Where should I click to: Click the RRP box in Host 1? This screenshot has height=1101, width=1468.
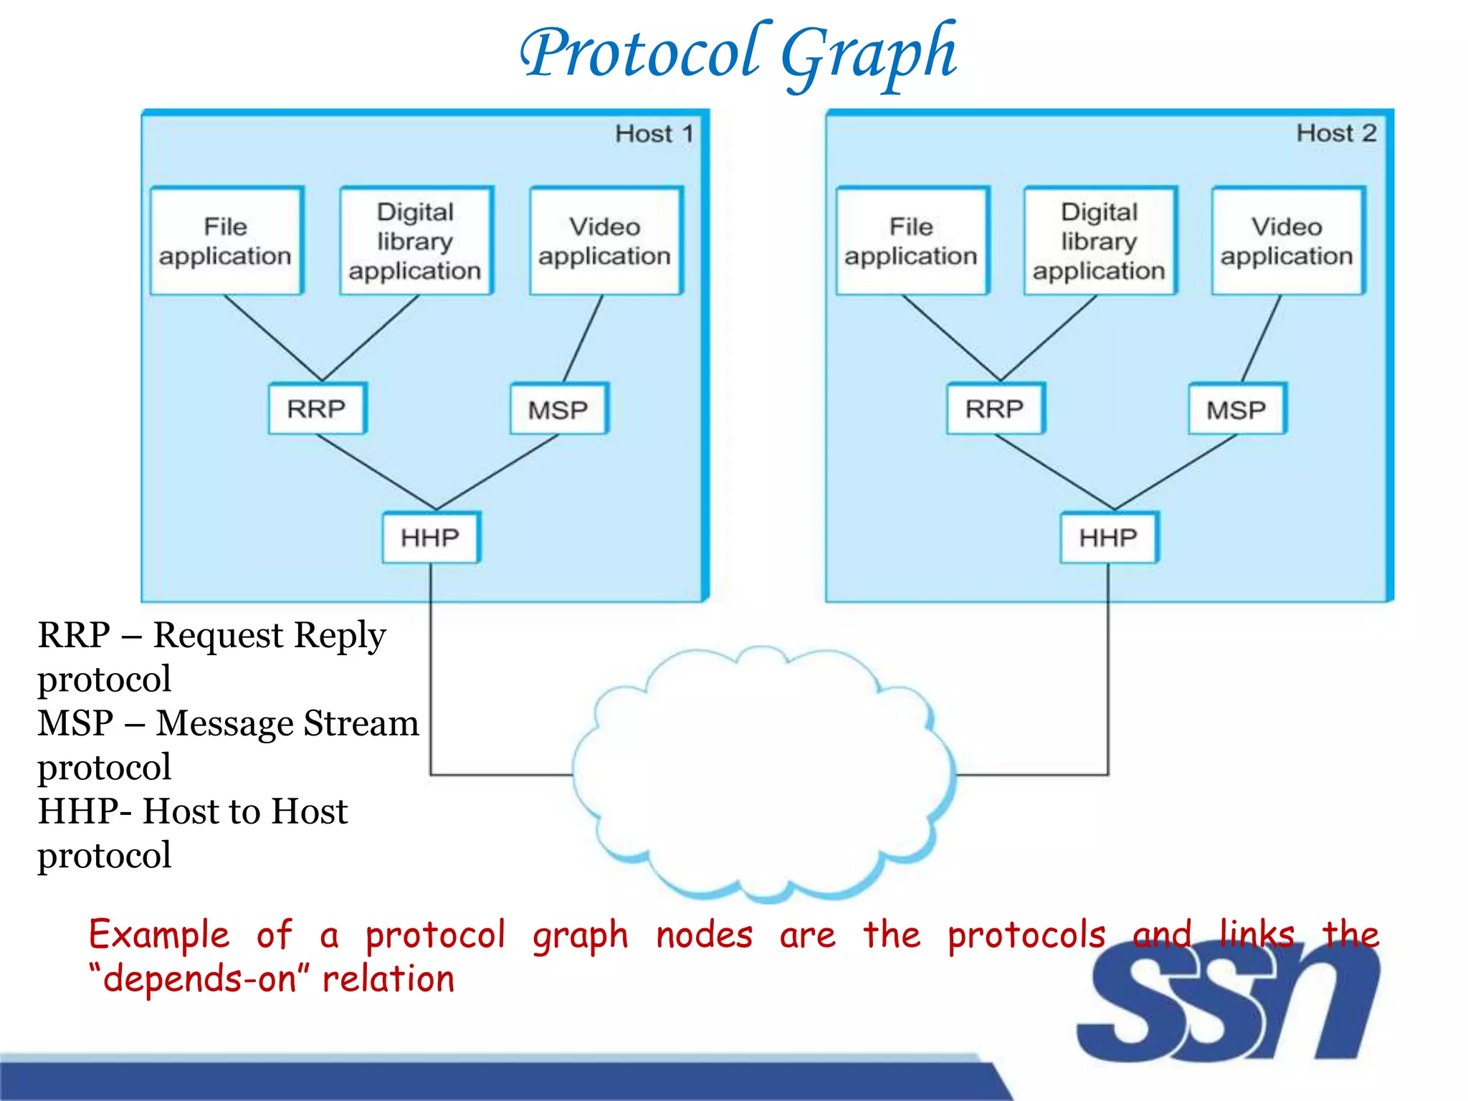[x=317, y=409]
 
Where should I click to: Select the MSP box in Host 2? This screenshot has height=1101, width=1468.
[x=1237, y=409]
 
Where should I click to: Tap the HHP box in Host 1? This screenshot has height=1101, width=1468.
[x=430, y=538]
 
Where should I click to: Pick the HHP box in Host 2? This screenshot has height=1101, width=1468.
[x=1108, y=538]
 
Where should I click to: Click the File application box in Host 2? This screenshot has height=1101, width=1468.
[x=911, y=242]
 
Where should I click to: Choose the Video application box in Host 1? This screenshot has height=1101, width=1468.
[x=605, y=242]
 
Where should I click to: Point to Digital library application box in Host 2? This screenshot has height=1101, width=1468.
[x=1100, y=242]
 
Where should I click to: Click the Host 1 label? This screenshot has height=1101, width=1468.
[x=654, y=134]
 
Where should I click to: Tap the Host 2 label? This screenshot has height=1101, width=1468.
[x=1336, y=133]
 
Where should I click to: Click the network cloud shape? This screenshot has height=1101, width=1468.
[x=764, y=774]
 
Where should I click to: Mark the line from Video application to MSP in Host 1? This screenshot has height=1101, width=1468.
[x=583, y=338]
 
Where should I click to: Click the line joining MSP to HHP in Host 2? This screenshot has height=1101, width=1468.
[x=1176, y=472]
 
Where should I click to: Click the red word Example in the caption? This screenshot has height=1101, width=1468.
[x=159, y=935]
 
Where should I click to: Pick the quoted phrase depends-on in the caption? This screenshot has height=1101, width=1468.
[x=199, y=979]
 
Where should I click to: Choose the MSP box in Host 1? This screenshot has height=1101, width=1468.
[x=558, y=409]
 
